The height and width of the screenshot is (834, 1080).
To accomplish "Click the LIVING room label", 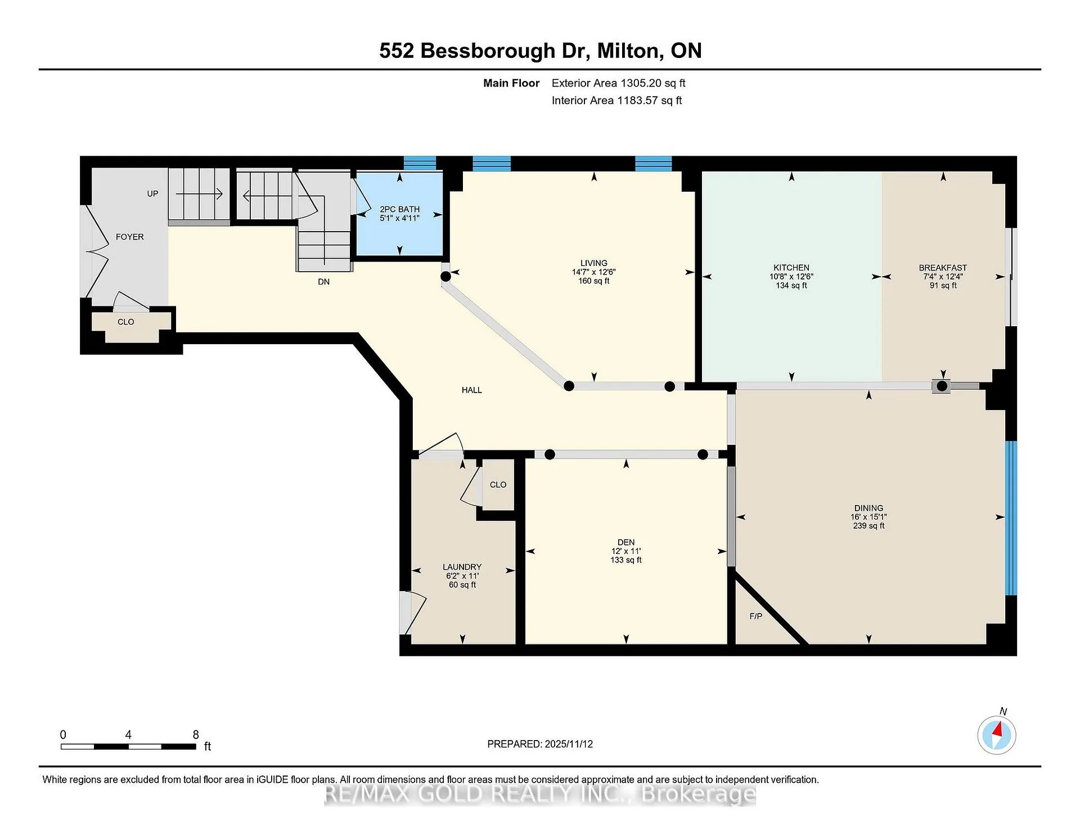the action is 593,263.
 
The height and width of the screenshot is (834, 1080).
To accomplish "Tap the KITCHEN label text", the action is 791,268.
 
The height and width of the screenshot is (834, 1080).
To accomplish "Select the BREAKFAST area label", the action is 943,268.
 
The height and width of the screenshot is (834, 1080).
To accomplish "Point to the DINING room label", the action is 868,508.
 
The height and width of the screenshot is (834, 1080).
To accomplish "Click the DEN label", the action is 626,542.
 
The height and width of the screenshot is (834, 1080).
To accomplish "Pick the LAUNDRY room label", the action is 462,567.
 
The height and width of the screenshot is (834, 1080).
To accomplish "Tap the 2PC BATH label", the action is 399,209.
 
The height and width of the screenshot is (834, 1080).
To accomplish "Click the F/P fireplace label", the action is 756,616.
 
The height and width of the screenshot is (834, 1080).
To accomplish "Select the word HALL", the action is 471,390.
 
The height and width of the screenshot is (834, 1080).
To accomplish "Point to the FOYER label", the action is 129,237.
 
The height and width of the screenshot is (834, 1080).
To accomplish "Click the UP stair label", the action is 152,193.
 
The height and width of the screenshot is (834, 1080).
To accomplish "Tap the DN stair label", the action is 323,281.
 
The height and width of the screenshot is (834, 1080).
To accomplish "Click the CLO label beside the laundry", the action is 498,484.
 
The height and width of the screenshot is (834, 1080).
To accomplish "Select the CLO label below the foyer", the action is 125,322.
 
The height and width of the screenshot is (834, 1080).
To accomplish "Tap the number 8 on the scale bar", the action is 196,734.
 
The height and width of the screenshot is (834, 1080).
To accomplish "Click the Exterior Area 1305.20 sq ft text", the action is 618,83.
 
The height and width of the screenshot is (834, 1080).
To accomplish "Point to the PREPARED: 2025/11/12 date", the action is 540,744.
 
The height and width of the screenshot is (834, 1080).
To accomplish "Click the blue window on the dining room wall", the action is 1011,517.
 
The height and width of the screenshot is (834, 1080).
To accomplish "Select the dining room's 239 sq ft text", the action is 868,526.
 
